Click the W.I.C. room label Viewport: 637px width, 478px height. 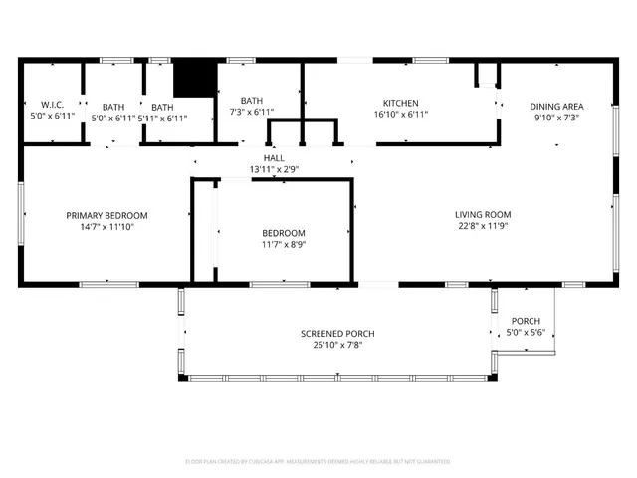(x=52, y=105)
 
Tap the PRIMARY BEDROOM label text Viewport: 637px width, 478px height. (x=106, y=216)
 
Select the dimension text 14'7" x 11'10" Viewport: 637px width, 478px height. (x=106, y=227)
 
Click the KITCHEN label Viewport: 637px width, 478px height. (x=400, y=103)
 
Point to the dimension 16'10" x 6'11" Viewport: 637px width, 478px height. (x=400, y=115)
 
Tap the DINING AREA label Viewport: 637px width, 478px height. (x=556, y=106)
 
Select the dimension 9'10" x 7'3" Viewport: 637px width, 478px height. (x=556, y=118)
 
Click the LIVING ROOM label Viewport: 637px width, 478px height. (x=483, y=214)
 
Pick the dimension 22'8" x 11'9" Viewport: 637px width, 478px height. (x=483, y=225)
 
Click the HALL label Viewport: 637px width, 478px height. (x=274, y=158)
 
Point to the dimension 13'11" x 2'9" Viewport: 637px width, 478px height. (x=274, y=170)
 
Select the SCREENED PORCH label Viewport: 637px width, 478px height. (x=337, y=333)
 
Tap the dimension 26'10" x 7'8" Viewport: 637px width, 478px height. (x=337, y=345)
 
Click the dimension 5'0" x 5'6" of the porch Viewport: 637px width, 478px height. (x=526, y=333)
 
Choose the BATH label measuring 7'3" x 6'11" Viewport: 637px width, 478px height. (x=251, y=101)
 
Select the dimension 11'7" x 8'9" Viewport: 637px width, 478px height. (x=284, y=244)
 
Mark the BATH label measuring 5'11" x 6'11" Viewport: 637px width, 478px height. (x=162, y=107)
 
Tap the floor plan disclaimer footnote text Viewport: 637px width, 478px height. (x=318, y=461)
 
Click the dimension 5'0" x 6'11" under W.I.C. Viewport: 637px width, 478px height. (x=52, y=117)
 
